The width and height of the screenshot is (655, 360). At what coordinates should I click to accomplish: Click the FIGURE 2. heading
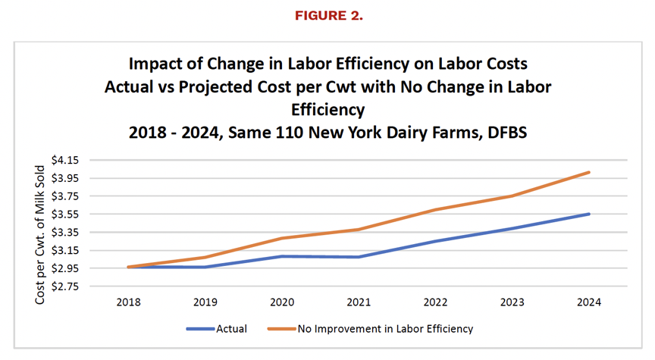pos(329,15)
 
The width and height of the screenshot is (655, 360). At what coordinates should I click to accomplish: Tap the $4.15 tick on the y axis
pos(64,160)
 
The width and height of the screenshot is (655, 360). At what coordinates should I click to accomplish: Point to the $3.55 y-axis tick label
pos(64,214)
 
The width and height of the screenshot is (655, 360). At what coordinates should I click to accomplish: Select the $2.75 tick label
pos(64,286)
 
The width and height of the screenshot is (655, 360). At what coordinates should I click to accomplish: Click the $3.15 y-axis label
pos(64,251)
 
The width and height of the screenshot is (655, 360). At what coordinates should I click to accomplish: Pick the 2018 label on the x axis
pos(129,302)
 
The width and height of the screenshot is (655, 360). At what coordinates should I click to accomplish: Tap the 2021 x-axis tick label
pos(359,302)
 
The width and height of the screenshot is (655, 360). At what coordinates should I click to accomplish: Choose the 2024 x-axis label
pos(589,302)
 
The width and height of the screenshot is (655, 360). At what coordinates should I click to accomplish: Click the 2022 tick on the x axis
pos(435,302)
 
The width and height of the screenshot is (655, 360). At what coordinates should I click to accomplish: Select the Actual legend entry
pos(217,329)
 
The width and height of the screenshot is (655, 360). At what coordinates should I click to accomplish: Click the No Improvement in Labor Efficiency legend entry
pos(370,329)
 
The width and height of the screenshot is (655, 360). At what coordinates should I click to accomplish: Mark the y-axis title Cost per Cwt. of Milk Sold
pos(39,235)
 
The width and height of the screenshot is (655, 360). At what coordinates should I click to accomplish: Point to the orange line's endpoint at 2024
pos(589,172)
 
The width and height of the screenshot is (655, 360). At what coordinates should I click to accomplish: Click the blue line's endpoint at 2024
pos(589,214)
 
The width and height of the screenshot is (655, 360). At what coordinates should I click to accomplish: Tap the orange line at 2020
pos(282,239)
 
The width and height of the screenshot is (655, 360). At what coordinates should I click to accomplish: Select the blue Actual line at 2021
pos(359,257)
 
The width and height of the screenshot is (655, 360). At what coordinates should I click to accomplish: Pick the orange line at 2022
pos(435,209)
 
